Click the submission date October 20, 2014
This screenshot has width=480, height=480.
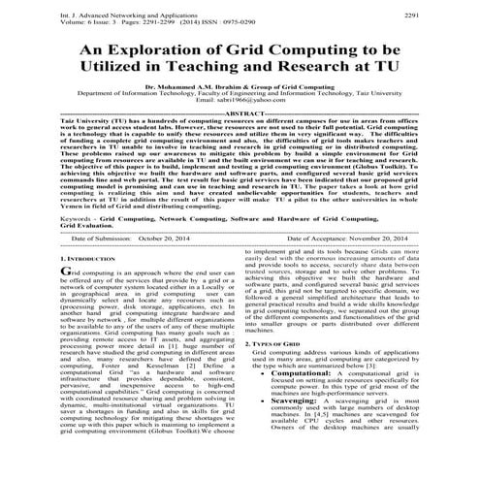pos(163,238)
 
